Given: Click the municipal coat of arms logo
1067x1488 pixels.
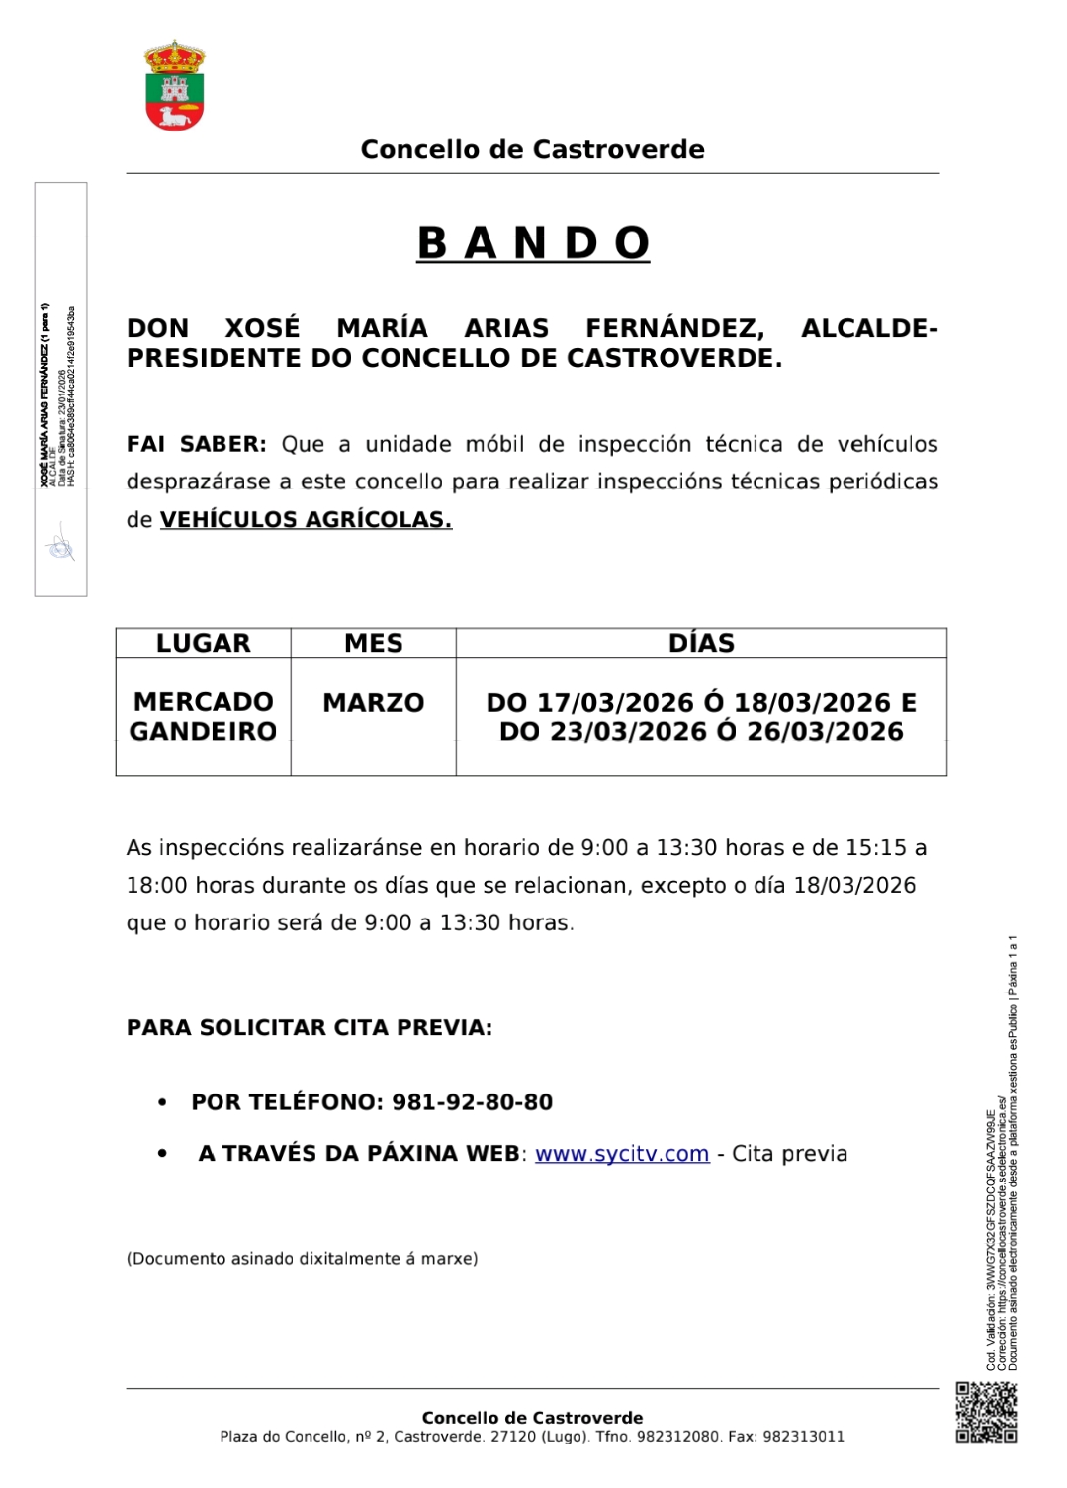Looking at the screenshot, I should tap(175, 86).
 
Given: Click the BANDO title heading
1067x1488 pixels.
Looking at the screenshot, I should tap(533, 243).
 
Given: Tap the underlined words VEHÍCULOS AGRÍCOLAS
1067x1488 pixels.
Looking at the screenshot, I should tap(306, 520).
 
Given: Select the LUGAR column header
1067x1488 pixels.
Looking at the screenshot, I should tap(203, 644).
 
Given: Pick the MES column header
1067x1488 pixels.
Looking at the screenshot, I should tap(373, 644).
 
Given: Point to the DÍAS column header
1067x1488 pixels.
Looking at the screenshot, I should tap(701, 644).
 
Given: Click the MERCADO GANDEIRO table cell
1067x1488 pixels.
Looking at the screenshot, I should tap(203, 717).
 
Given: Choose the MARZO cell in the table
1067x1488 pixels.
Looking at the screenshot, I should tap(373, 703).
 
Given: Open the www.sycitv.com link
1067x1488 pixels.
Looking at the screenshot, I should tap(622, 1154).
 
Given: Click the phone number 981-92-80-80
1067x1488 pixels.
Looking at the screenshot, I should tap(473, 1102).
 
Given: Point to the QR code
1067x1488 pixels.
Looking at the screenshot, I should tap(986, 1412).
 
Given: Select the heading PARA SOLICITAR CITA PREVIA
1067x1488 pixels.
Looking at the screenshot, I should tap(310, 1028).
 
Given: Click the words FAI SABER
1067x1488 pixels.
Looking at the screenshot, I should tap(196, 445).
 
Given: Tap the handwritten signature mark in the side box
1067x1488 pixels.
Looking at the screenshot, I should tap(60, 546).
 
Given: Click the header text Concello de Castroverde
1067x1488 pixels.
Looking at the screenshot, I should tap(532, 150).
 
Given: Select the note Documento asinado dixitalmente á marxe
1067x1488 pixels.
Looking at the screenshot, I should tap(302, 1259).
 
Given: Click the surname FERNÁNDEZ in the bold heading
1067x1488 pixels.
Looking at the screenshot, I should tap(674, 329).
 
